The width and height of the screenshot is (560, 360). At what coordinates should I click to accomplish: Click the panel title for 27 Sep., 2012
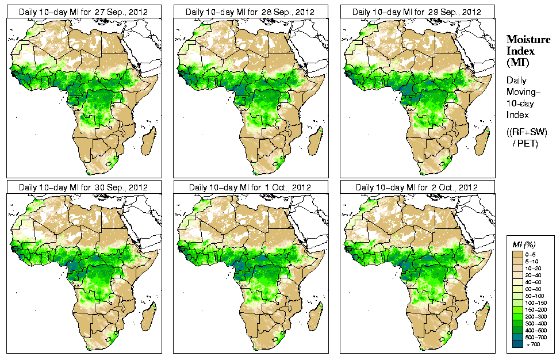click(83, 12)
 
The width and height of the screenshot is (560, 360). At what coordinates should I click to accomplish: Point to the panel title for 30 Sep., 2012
click(83, 187)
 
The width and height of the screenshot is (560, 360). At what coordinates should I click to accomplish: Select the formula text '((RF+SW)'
click(527, 132)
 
